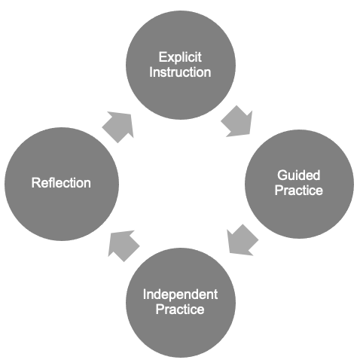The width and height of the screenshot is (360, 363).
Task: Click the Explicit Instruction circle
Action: pos(181,65)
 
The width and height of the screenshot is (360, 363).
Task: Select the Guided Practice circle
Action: pos(299,184)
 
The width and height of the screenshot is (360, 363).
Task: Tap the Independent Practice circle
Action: pos(181,303)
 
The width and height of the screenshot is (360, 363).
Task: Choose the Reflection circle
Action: pos(62,184)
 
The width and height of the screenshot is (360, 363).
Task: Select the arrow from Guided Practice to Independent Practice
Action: pos(242,240)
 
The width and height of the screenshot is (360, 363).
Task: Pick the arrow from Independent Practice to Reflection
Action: pos(124,246)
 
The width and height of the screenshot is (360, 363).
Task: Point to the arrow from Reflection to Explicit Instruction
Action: pos(118,127)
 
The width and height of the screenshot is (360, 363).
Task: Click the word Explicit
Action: pos(180,57)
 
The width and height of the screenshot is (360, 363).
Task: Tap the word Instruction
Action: pos(180,72)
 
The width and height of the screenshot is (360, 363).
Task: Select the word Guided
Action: pos(299,175)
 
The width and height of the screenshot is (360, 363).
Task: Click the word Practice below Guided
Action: pos(299,190)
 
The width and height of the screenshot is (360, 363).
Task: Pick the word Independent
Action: pos(180,294)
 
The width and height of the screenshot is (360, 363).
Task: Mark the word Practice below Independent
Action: pos(180,309)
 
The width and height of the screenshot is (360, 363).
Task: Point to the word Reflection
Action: pos(61,183)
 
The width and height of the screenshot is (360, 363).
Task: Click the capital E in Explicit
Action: pos(163,57)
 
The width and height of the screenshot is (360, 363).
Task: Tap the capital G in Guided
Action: pos(282,175)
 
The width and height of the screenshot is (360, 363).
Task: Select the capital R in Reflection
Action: pos(36,183)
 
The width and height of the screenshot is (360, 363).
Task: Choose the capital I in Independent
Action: pos(145,294)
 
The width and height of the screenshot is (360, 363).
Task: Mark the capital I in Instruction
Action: pos(151,72)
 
